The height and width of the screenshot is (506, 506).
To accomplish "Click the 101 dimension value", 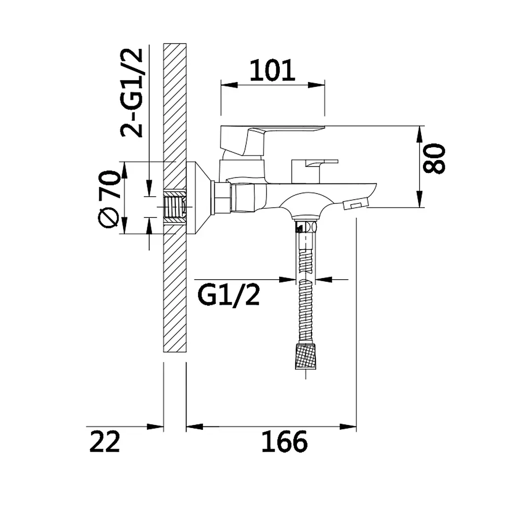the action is pyautogui.click(x=272, y=70).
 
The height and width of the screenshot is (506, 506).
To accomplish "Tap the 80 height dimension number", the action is pyautogui.click(x=434, y=159).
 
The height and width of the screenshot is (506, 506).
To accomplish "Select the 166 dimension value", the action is pyautogui.click(x=284, y=442).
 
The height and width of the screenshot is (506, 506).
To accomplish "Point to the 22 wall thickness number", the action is pyautogui.click(x=105, y=441).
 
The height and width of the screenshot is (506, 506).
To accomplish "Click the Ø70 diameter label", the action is pyautogui.click(x=109, y=199).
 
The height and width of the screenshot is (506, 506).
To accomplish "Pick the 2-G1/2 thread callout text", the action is pyautogui.click(x=131, y=93).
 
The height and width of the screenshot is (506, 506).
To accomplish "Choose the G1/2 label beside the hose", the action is pyautogui.click(x=228, y=296).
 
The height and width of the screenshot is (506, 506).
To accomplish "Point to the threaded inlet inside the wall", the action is pyautogui.click(x=175, y=207).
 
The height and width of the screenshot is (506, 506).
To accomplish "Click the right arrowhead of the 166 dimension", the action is pyautogui.click(x=348, y=426).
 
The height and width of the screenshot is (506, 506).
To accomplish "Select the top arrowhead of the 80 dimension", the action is pyautogui.click(x=419, y=134).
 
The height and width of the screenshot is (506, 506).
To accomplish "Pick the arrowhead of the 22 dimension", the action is pyautogui.click(x=155, y=426).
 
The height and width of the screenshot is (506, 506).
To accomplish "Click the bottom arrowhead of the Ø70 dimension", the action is pyautogui.click(x=125, y=225).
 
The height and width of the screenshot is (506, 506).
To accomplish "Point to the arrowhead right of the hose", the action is pyautogui.click(x=324, y=279).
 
